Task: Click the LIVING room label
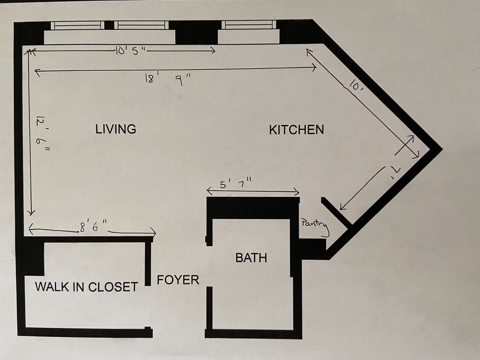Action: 116,129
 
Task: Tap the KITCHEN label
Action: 296,130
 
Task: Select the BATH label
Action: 251,258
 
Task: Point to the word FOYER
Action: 178,280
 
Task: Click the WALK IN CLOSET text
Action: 86,287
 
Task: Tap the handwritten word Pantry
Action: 315,227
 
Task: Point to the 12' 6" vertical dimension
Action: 43,133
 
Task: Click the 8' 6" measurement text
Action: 93,226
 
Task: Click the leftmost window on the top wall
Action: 77,25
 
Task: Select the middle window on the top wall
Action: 141,25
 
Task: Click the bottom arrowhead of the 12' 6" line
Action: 32,213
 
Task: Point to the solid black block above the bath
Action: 253,208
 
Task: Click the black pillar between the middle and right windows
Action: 196,33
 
